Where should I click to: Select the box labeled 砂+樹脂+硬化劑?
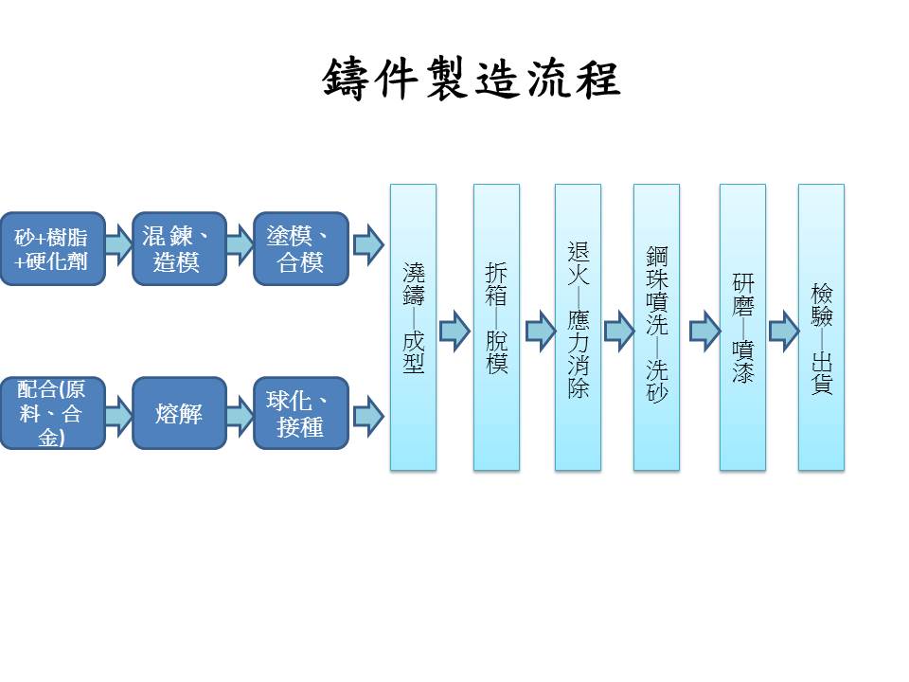tap(51, 248)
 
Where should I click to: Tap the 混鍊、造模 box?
tap(179, 248)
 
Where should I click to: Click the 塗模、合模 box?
tap(300, 248)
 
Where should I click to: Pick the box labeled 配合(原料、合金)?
tap(51, 413)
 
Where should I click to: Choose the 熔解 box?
tap(179, 413)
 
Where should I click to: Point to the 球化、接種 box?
tap(300, 413)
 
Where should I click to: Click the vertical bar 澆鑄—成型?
tap(413, 327)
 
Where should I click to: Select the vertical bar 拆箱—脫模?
tap(496, 327)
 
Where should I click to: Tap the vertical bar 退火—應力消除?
tap(578, 327)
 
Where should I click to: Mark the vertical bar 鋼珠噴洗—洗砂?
tap(656, 327)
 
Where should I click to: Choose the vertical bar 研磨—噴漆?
tap(742, 327)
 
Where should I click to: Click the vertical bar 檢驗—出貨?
tap(821, 327)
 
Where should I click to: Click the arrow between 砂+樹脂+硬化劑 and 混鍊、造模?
tap(118, 245)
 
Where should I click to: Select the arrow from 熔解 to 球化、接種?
tap(240, 414)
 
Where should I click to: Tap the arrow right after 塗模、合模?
tap(367, 245)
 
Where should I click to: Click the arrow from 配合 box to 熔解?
tap(118, 414)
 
